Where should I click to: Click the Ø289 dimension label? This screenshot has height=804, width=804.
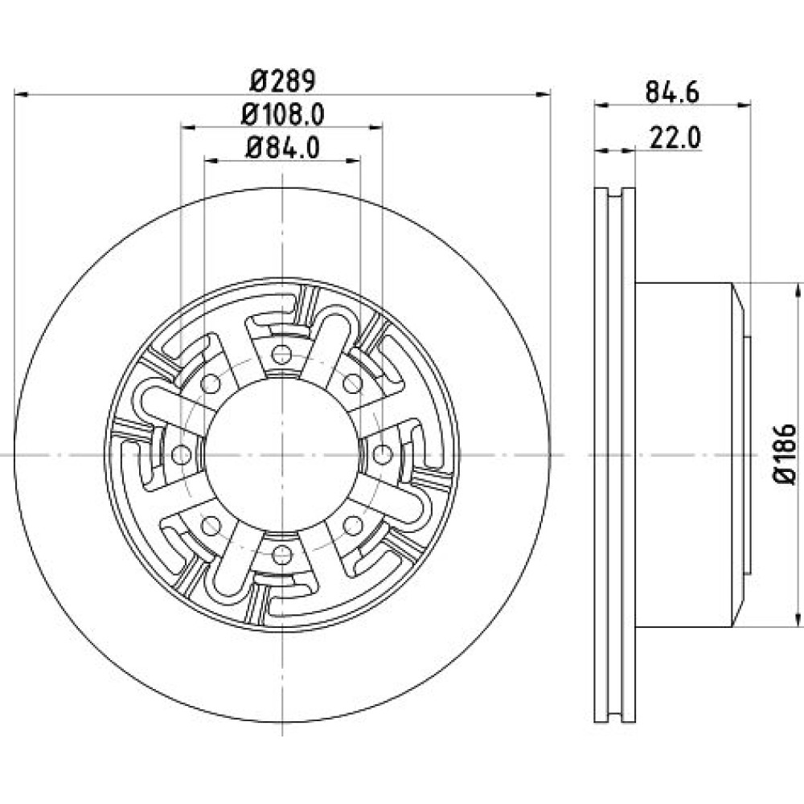[x=282, y=80]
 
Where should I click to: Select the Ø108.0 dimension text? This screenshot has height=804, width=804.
[x=282, y=114]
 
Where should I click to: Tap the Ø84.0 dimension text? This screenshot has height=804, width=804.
[x=282, y=148]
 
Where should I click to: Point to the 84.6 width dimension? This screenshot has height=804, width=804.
[x=672, y=92]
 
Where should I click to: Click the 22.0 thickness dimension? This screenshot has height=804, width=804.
[x=675, y=138]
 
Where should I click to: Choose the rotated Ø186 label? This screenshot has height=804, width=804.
[x=785, y=453]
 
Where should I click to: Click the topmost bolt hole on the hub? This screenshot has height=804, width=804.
[x=281, y=354]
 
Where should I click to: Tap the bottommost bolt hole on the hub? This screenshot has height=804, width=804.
[x=281, y=554]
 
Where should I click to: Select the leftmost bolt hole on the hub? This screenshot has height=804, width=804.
[x=181, y=454]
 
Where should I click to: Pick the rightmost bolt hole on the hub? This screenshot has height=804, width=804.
[x=382, y=454]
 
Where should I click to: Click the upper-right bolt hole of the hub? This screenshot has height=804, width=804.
[x=352, y=383]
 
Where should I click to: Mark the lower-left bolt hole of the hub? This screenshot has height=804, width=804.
[x=211, y=525]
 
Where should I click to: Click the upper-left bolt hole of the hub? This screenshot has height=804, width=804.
[x=211, y=383]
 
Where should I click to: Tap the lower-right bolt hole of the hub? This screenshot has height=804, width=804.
[x=352, y=525]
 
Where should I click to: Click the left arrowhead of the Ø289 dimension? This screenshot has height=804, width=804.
[x=21, y=94]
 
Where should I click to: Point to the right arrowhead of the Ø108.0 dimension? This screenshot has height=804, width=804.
[x=376, y=127]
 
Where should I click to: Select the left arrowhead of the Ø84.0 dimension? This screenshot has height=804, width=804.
[x=211, y=161]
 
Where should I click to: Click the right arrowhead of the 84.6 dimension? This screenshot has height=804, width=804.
[x=744, y=105]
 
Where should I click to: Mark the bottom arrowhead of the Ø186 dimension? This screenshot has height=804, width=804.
[x=798, y=619]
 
